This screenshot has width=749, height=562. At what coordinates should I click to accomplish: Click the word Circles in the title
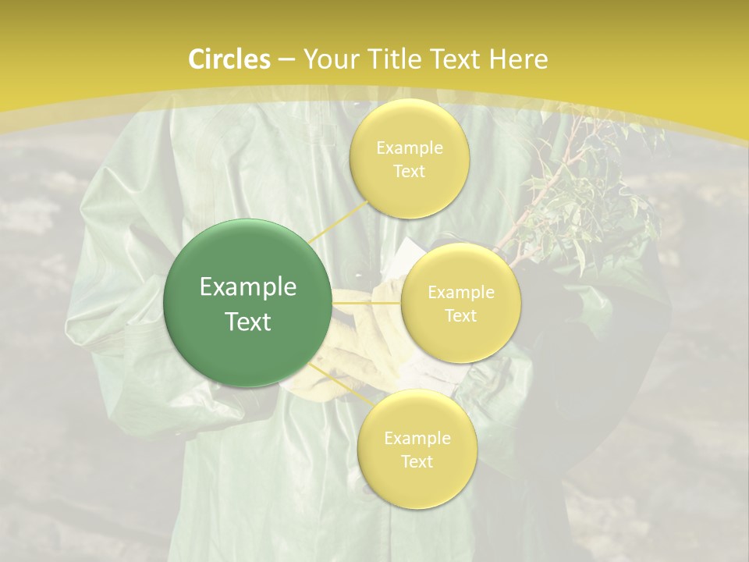(229, 59)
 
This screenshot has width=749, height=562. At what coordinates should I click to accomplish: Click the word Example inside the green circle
(248, 287)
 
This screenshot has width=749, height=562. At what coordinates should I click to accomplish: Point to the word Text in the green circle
(248, 322)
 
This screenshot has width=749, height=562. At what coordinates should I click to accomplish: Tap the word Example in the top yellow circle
(410, 148)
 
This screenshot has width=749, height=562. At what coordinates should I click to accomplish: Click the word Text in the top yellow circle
(410, 171)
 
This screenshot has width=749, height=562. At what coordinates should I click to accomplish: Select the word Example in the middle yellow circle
(461, 293)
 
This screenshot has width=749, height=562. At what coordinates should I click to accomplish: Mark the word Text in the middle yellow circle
(461, 315)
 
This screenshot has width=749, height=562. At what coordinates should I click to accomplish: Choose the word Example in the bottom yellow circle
(417, 438)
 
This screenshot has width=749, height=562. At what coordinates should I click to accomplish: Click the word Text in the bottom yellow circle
(417, 461)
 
